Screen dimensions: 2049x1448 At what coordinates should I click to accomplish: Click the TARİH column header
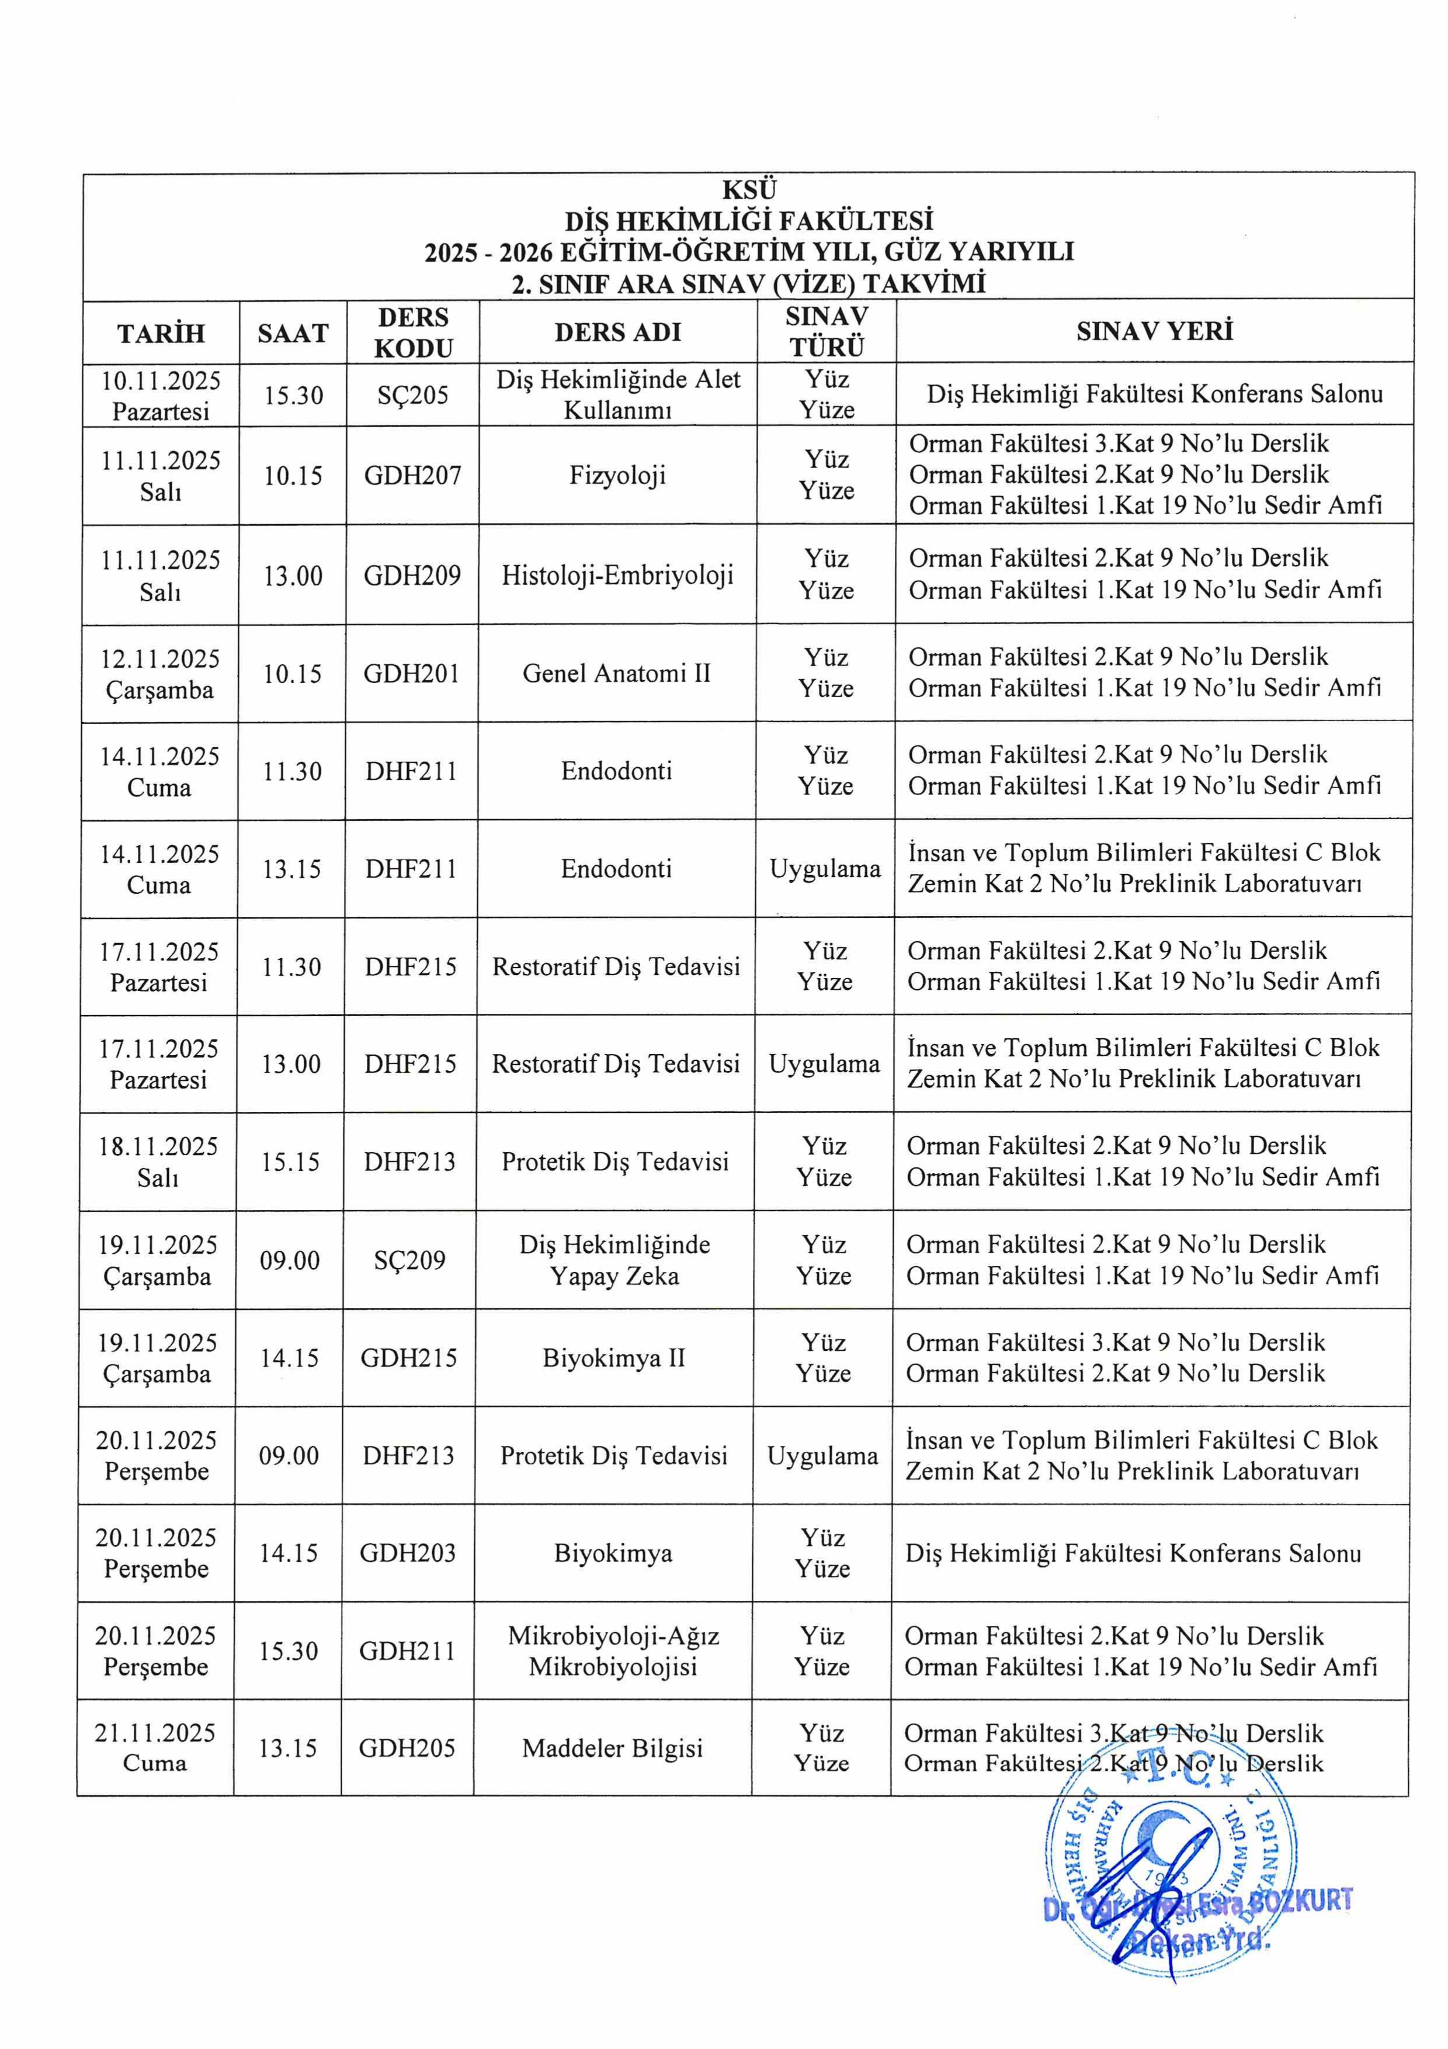pyautogui.click(x=161, y=333)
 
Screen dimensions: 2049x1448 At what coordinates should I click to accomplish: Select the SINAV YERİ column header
pyautogui.click(x=1154, y=332)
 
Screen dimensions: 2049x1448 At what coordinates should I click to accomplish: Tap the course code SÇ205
pyautogui.click(x=412, y=394)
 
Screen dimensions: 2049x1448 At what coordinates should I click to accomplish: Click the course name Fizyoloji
pyautogui.click(x=617, y=475)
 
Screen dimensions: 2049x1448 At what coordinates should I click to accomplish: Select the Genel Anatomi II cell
pyautogui.click(x=616, y=673)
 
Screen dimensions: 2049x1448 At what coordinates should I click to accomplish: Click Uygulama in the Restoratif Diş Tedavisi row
pyautogui.click(x=824, y=1064)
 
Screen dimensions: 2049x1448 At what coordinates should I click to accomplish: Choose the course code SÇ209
pyautogui.click(x=409, y=1260)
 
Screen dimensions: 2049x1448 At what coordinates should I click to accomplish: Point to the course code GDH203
pyautogui.click(x=408, y=1554)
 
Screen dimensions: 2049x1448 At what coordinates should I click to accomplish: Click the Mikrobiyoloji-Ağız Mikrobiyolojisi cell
pyautogui.click(x=613, y=1651)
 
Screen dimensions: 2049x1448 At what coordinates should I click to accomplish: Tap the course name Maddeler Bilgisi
pyautogui.click(x=612, y=1748)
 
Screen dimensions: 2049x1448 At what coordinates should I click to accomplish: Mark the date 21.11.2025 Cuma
pyautogui.click(x=155, y=1748)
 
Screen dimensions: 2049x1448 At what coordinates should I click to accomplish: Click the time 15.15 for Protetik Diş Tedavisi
pyautogui.click(x=290, y=1162)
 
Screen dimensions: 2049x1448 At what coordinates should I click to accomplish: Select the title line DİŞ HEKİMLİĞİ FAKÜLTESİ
pyautogui.click(x=749, y=220)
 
